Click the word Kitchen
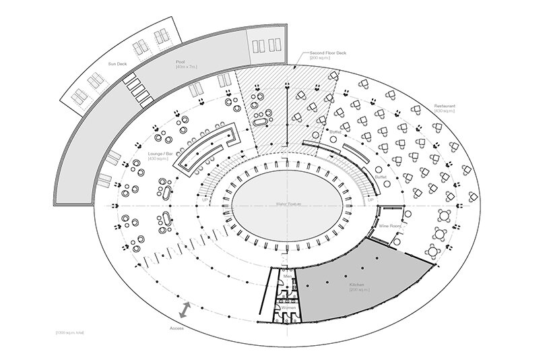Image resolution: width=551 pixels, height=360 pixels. click(x=357, y=284)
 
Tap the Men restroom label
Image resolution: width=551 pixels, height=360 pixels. click(x=287, y=276)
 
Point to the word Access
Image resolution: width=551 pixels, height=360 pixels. click(x=176, y=328)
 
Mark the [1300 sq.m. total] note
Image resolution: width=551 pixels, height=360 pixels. click(x=70, y=333)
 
